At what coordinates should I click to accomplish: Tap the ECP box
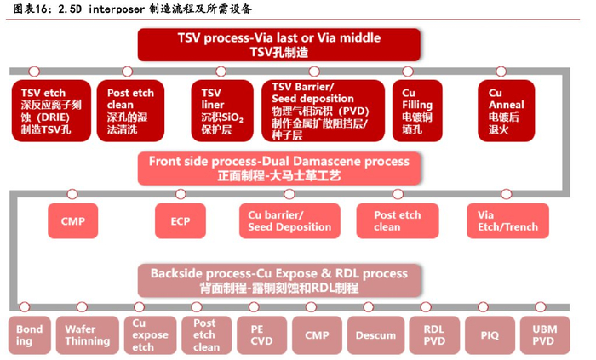coord(180,221)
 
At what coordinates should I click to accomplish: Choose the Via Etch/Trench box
coord(501,221)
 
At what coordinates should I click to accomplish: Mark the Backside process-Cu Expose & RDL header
coord(278,280)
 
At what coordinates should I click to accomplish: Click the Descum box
coord(375,335)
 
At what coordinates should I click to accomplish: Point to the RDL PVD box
coord(433,335)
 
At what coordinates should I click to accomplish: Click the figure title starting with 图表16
coord(131,10)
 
